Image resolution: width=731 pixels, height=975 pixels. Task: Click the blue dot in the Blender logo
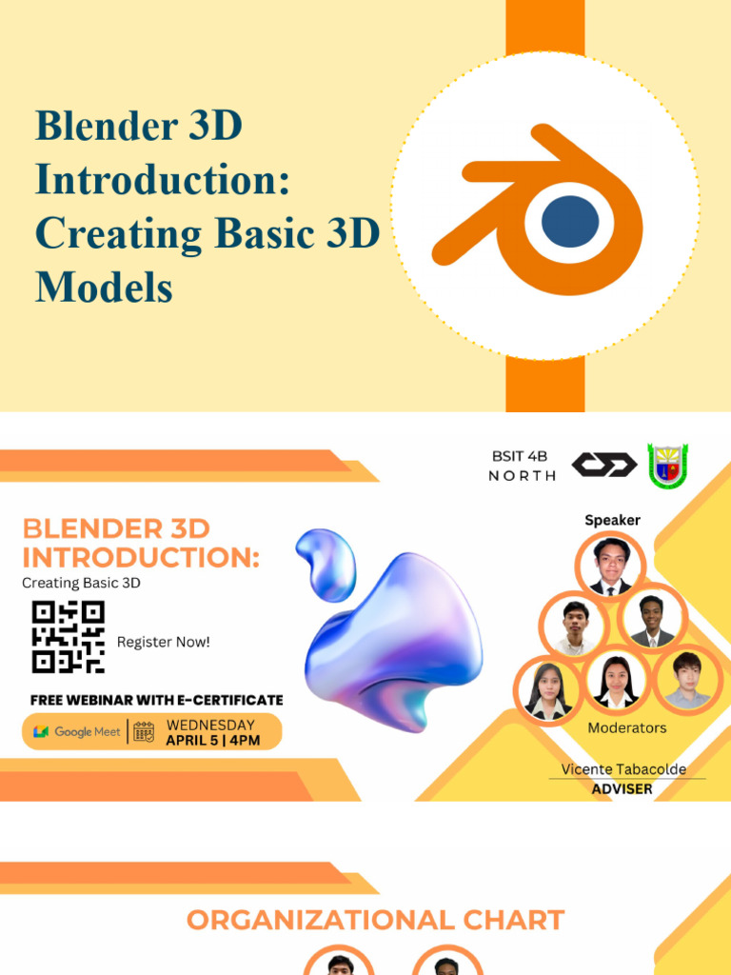coord(570,221)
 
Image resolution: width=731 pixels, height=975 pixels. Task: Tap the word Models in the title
coord(104,287)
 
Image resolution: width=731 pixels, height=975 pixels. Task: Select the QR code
coord(68,637)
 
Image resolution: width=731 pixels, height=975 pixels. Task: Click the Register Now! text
coord(163,643)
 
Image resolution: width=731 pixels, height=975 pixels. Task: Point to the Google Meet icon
coord(41,732)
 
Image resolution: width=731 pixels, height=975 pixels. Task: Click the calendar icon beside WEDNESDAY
coord(144,732)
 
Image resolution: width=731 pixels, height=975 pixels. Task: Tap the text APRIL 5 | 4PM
coord(212,741)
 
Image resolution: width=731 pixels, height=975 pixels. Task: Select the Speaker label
coord(612,520)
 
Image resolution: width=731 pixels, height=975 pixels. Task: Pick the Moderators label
coord(626,727)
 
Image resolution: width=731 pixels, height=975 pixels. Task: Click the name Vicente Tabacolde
coord(623,769)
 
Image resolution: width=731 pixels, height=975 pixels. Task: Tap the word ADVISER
coord(622,789)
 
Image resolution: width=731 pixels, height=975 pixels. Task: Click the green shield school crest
coord(667,467)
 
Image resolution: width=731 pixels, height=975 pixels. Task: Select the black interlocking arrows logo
coord(603,466)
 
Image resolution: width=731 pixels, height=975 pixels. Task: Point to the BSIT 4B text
coord(521,457)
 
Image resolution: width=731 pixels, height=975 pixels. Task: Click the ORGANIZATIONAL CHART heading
coord(375,921)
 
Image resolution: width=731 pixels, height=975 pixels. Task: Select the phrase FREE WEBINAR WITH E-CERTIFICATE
coord(156,700)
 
